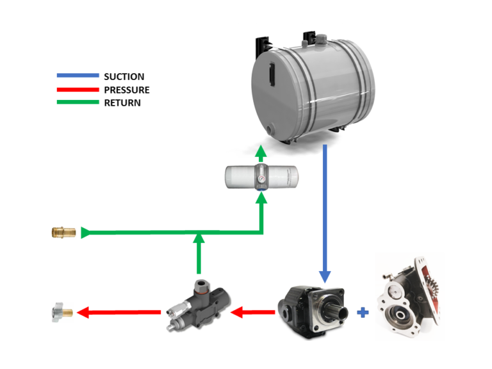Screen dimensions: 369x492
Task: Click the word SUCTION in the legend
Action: tap(124, 77)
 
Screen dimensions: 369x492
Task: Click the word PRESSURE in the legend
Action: tap(126, 90)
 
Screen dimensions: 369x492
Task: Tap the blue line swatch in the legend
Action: tap(78, 76)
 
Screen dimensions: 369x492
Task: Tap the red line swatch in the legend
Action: tap(78, 89)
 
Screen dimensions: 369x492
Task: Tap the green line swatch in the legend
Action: tap(78, 102)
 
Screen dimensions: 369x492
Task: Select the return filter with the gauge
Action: tap(261, 176)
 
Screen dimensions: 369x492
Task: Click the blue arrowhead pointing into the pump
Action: tap(325, 276)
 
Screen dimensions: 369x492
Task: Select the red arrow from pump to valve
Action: tap(253, 313)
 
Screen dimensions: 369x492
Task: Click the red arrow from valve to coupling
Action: tap(119, 313)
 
